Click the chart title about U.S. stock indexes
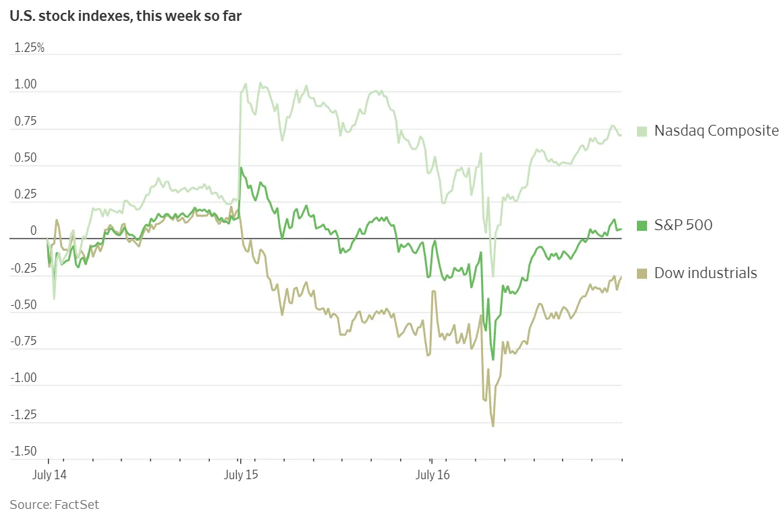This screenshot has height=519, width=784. pyautogui.click(x=125, y=16)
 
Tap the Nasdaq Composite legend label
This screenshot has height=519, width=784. pyautogui.click(x=717, y=131)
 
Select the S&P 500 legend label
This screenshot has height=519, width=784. pyautogui.click(x=683, y=225)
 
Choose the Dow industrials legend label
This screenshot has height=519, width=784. pyautogui.click(x=705, y=273)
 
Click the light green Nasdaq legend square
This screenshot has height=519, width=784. pyautogui.click(x=642, y=131)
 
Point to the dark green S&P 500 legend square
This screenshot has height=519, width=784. pyautogui.click(x=642, y=225)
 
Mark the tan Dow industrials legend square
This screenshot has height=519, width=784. pyautogui.click(x=642, y=273)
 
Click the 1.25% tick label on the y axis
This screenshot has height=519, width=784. pyautogui.click(x=29, y=48)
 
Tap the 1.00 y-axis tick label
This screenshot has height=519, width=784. pyautogui.click(x=28, y=85)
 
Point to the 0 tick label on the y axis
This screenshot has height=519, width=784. pyautogui.click(x=33, y=231)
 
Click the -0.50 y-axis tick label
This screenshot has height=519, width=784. pyautogui.click(x=25, y=304)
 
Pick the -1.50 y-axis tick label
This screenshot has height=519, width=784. pyautogui.click(x=25, y=451)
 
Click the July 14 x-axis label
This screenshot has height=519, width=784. pyautogui.click(x=49, y=475)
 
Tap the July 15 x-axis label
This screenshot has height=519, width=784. pyautogui.click(x=241, y=475)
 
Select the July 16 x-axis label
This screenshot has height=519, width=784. pyautogui.click(x=432, y=475)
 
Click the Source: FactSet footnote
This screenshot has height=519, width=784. pyautogui.click(x=54, y=504)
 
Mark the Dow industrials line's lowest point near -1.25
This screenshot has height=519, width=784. pyautogui.click(x=493, y=426)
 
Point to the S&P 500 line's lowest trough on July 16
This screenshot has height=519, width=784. pyautogui.click(x=493, y=360)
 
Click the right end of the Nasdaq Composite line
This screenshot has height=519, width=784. pyautogui.click(x=621, y=135)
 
